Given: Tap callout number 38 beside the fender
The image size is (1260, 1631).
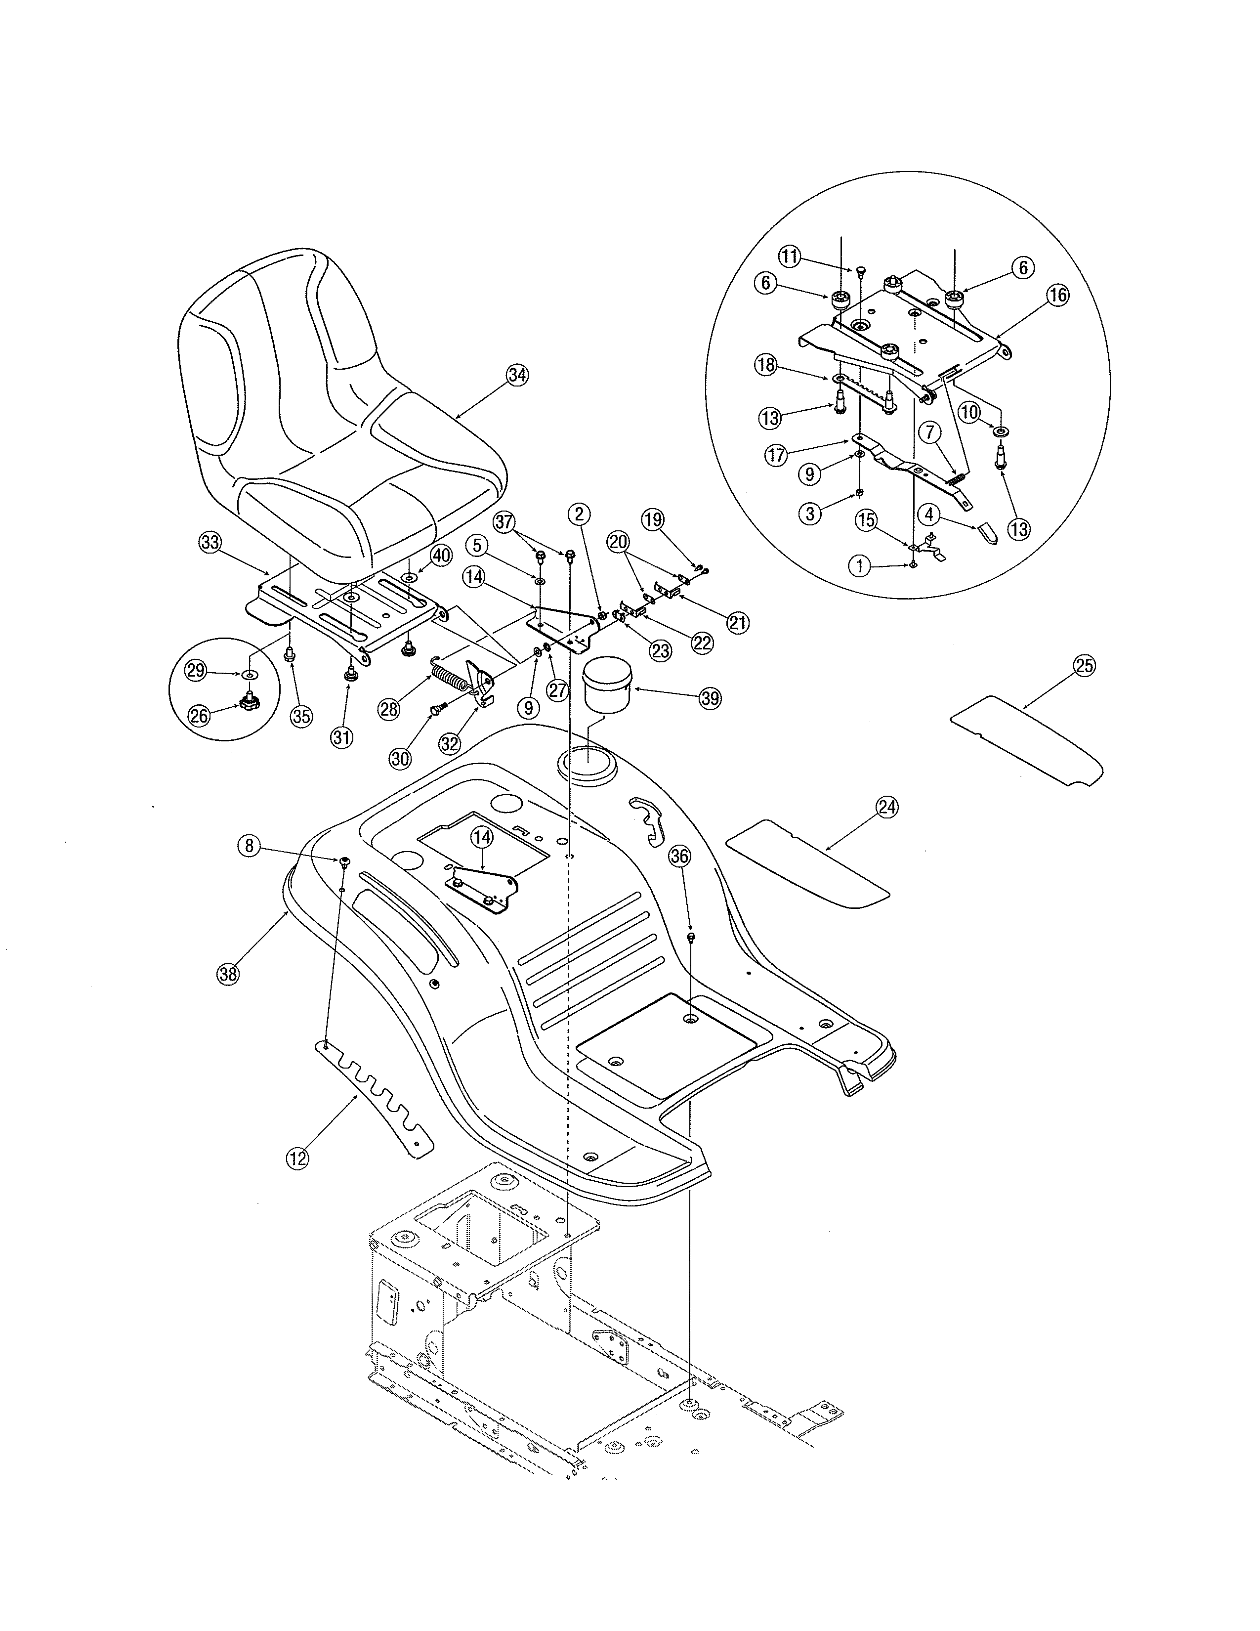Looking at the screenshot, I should [x=228, y=974].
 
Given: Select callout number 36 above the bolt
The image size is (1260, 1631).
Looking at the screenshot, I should [x=679, y=858].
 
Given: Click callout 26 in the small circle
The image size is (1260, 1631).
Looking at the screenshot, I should [x=199, y=716].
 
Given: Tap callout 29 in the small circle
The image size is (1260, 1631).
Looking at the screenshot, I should [x=196, y=671].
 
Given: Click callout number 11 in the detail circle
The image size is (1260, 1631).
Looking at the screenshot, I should [x=790, y=257].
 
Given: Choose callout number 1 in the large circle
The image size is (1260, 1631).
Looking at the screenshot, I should [x=860, y=566].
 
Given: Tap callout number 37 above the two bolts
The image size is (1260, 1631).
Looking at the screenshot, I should [x=505, y=521].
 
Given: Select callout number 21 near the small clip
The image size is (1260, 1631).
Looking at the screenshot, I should [x=738, y=622].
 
